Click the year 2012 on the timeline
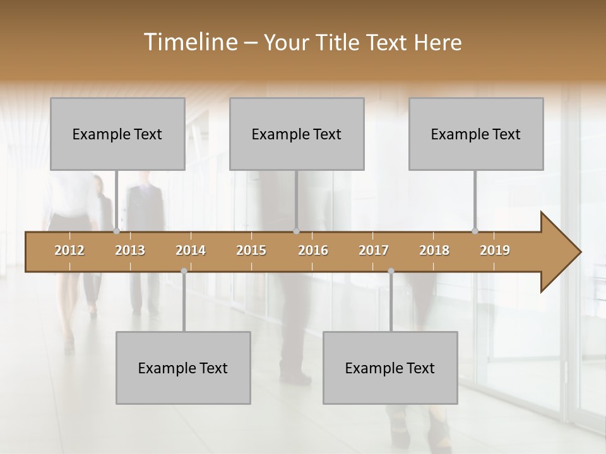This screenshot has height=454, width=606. point(69,250)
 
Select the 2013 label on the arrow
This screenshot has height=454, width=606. point(130,250)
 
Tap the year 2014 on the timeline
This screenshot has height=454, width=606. point(191,250)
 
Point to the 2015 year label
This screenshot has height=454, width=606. point(251,250)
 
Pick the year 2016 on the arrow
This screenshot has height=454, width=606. point(313,250)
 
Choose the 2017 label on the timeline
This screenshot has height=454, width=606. point(374,250)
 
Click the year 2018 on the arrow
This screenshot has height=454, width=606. point(434,250)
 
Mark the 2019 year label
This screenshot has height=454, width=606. point(495,250)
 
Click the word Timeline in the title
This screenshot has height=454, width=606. point(189,42)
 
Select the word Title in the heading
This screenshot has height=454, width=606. point(341,42)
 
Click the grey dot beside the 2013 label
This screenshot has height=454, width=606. point(116,231)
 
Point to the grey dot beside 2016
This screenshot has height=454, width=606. point(296,231)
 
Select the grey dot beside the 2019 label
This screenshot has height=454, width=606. point(475,231)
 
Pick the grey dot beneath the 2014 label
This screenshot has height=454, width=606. point(184,271)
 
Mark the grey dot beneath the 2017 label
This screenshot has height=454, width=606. point(391,271)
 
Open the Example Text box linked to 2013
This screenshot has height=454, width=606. point(117,134)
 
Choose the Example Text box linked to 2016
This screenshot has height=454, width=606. point(297,134)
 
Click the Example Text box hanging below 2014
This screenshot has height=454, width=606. point(183,368)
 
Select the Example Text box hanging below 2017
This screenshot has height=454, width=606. point(390,368)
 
